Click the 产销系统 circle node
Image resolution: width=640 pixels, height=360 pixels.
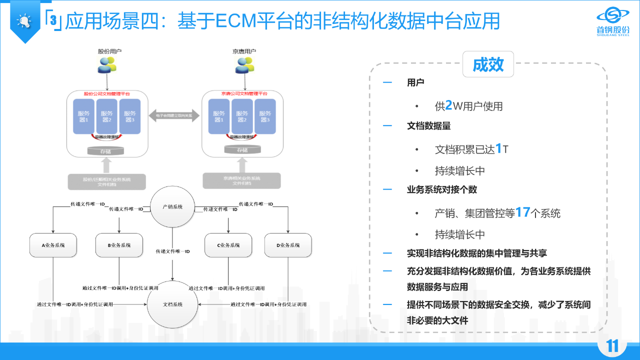tap(172, 206)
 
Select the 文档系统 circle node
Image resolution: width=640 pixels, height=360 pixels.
tap(172, 304)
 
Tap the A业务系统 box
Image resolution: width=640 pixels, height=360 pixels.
tap(53, 245)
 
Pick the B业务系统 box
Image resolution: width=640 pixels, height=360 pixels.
tap(119, 245)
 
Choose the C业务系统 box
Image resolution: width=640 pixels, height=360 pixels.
tap(228, 245)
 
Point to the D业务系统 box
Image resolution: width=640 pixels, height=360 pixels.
tap(288, 245)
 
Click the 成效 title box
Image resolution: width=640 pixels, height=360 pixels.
tap(488, 64)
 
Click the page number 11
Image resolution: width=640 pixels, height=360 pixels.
tap(612, 346)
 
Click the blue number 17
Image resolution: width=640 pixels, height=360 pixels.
tap(522, 212)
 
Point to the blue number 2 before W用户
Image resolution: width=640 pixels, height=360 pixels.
tap(448, 105)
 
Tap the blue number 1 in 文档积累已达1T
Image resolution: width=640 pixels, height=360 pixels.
tap(498, 148)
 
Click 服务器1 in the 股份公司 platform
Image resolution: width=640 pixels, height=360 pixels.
tap(83, 116)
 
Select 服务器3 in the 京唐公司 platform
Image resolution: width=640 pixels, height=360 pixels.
tap(264, 116)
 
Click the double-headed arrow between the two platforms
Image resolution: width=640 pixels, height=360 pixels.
tap(174, 115)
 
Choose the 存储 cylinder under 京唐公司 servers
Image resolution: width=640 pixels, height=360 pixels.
tap(242, 150)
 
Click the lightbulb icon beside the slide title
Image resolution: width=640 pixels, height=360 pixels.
tap(24, 21)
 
